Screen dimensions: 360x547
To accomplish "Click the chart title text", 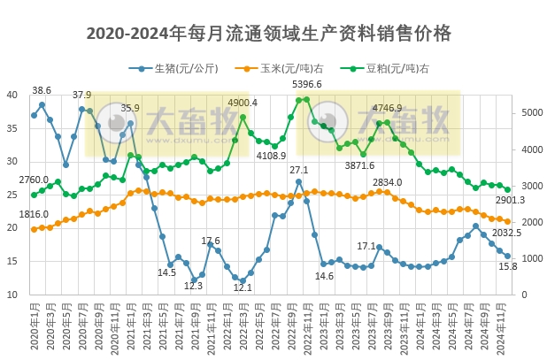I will pos(269,34).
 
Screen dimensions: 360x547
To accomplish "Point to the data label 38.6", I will pos(42,90).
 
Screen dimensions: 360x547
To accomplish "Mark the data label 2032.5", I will pos(506,233).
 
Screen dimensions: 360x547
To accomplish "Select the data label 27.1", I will pos(298,170).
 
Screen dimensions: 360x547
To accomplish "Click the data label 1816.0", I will pos(34,214).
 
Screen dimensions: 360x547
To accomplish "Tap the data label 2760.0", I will pos(34,180).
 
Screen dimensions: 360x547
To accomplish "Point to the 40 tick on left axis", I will pos(12,95).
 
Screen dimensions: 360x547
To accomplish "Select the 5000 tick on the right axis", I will pos(528,112).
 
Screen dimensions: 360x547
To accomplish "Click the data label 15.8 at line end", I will pos(509,266).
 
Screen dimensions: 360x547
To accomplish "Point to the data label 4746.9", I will pos(387,108).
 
